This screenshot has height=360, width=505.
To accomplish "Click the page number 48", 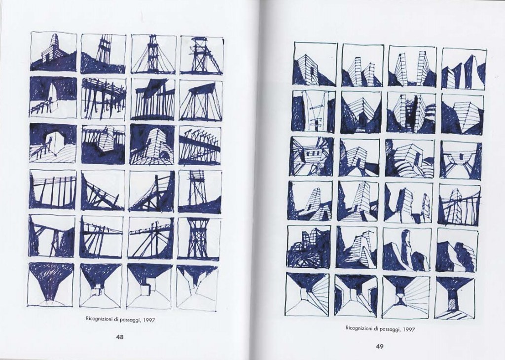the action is (x=119, y=337).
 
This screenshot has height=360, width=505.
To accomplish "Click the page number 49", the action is (x=379, y=347).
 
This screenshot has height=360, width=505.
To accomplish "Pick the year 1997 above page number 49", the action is (x=408, y=329).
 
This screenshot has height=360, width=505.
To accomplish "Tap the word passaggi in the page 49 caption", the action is (x=391, y=329).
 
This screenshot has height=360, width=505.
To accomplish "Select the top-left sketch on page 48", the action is (x=53, y=51).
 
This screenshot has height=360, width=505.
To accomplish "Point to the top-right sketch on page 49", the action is (x=464, y=69).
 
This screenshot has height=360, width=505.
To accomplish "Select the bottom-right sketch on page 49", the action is (x=455, y=296).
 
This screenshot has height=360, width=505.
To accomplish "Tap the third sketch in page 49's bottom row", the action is (x=406, y=295).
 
